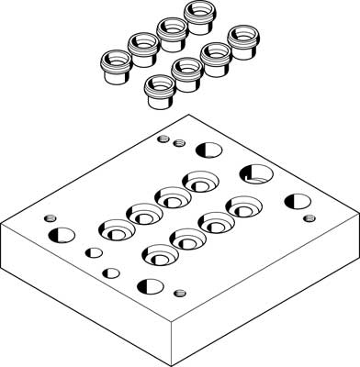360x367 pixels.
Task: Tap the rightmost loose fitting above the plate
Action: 241,39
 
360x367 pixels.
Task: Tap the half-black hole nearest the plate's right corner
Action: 296,202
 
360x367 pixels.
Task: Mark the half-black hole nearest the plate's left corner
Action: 62,233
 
